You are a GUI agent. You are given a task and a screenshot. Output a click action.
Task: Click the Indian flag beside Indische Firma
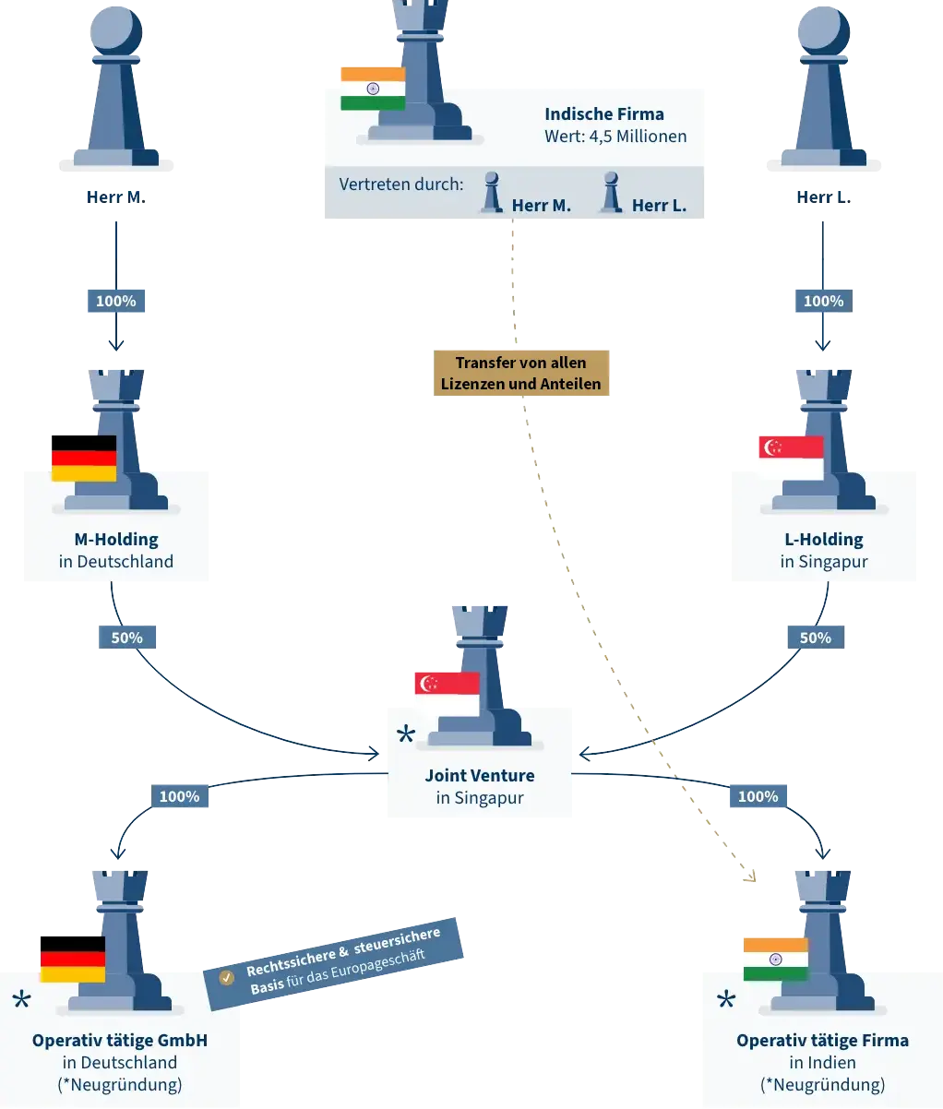coord(373,89)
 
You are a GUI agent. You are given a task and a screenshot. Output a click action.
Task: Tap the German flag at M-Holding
coord(84,459)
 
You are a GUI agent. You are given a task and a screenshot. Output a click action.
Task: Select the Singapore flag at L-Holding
coord(790,459)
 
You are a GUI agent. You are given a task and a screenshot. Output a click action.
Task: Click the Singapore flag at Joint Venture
coord(447,694)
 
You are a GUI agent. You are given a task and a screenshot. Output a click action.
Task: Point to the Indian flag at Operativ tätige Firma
coord(775,960)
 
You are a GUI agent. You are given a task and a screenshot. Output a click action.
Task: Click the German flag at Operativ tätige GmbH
coord(72,960)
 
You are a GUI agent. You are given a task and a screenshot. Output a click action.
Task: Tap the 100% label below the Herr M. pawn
coord(115,301)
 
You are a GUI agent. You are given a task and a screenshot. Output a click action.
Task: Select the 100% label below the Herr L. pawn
coord(823,301)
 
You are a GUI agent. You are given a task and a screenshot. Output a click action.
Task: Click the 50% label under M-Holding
coord(126,638)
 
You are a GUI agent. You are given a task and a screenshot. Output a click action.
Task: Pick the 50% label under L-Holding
coord(815,638)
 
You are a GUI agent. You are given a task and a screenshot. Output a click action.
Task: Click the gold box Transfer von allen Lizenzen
coord(520,373)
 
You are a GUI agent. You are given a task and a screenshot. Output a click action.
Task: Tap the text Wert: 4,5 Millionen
coord(615,137)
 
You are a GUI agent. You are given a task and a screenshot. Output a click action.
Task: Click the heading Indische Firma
coord(604,114)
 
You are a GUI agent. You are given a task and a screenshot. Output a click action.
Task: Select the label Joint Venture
coord(480,776)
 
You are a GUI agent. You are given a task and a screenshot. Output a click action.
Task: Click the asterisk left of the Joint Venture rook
coord(405,735)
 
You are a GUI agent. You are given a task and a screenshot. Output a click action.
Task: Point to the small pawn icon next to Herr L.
coord(609,193)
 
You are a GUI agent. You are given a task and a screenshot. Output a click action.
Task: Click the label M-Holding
coord(116,540)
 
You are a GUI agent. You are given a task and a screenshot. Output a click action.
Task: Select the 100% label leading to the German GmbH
coord(179,796)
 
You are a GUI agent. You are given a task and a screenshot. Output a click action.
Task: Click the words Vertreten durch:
coord(401,185)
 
